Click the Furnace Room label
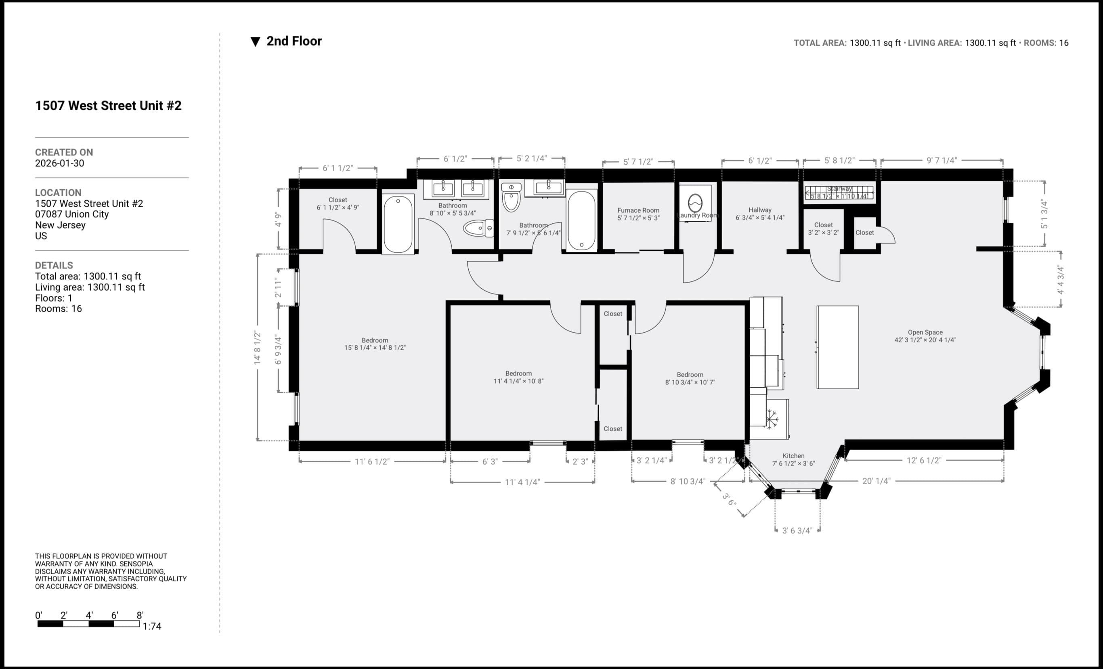(x=638, y=214)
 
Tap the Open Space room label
(x=925, y=336)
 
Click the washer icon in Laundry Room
(x=695, y=203)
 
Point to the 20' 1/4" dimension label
(x=876, y=481)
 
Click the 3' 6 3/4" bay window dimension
(x=797, y=531)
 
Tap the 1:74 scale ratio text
(x=152, y=626)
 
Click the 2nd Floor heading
(x=294, y=41)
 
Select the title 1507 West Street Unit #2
(x=108, y=106)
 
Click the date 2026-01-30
(x=59, y=163)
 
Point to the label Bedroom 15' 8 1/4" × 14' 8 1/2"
(x=375, y=344)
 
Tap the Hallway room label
(x=760, y=214)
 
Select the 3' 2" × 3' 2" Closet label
(x=823, y=229)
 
